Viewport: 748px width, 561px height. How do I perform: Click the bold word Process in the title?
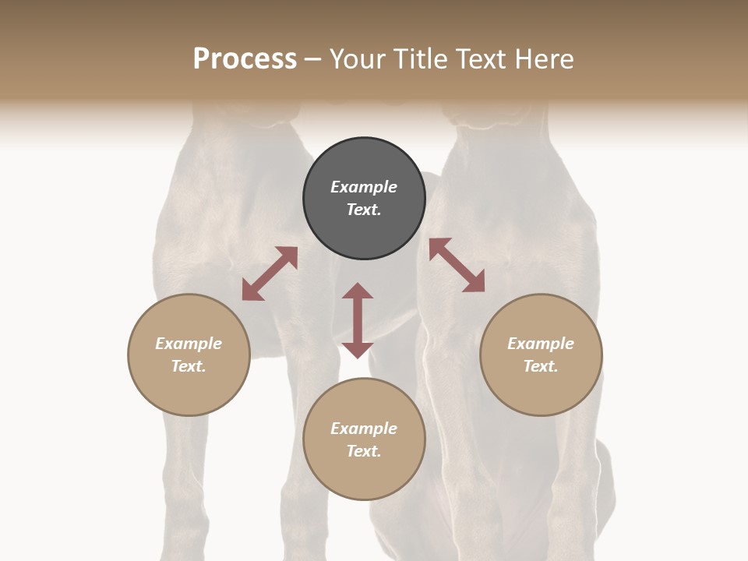click(x=245, y=58)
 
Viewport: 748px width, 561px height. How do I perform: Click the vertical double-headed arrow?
click(x=358, y=320)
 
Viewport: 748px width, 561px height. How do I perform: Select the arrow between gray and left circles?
click(x=270, y=273)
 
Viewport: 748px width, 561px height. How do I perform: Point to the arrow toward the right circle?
click(x=457, y=265)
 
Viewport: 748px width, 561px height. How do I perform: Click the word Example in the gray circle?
click(x=364, y=187)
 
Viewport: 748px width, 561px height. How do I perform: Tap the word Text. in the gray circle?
click(x=364, y=210)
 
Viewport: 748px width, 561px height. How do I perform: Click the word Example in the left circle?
click(x=189, y=344)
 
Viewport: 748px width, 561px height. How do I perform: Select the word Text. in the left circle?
click(x=189, y=366)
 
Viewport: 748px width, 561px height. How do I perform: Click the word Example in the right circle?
click(x=541, y=344)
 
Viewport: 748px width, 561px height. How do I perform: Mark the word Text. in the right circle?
click(x=541, y=366)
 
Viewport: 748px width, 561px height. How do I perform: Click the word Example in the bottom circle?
click(x=364, y=429)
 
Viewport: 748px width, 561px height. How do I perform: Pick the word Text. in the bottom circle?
click(x=364, y=451)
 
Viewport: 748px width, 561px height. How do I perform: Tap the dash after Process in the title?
click(x=313, y=60)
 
